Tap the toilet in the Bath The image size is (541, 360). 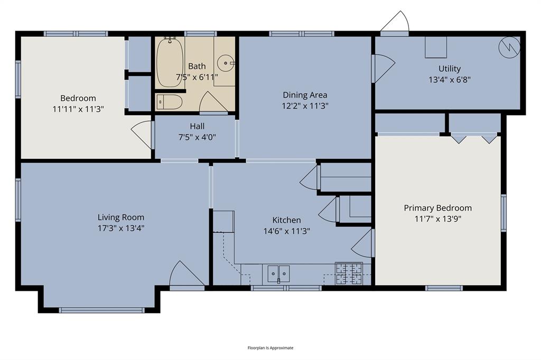(170, 101)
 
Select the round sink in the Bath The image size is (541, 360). (227, 63)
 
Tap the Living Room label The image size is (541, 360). (120, 217)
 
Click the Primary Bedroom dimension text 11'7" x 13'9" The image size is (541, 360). (437, 219)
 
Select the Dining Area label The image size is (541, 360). (305, 95)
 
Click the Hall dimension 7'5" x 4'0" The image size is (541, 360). (197, 137)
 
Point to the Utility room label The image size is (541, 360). (449, 69)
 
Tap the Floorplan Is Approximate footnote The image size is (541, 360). (270, 348)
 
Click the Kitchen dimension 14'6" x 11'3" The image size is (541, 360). (286, 231)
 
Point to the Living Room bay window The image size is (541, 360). (101, 310)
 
